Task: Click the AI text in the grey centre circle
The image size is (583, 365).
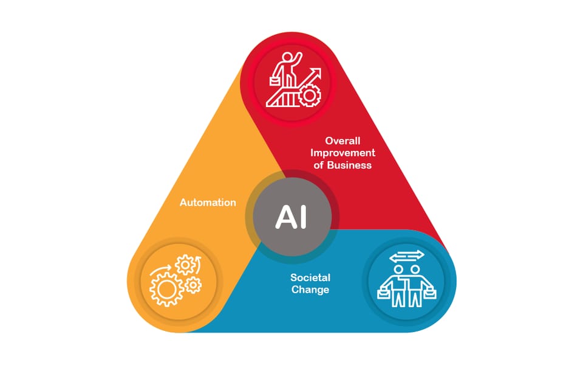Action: coord(291,217)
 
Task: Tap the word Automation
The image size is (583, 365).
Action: coord(208,202)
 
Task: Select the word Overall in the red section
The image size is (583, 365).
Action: coord(343,141)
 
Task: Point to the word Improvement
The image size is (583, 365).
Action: coord(343,153)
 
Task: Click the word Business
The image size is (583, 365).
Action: coord(349,165)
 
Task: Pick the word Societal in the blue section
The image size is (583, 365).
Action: coord(310,277)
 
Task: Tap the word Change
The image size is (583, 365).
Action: coord(310,290)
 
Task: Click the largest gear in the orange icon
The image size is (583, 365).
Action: coord(166,288)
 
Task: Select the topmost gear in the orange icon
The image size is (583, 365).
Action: coord(185,265)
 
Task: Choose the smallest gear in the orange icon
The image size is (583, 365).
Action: coord(193,285)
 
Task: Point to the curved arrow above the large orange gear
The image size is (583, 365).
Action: coord(160,269)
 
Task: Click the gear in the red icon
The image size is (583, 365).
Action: coord(309,95)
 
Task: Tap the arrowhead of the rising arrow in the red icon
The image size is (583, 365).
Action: coord(316,72)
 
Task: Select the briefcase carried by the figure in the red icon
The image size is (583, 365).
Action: coord(274,81)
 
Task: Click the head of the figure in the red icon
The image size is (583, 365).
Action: coord(287,57)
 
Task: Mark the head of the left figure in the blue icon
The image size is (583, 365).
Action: coord(398,269)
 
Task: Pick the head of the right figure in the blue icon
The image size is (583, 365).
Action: coord(415,269)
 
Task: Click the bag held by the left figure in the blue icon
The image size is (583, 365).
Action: coord(383,294)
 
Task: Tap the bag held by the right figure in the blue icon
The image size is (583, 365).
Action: coord(430,294)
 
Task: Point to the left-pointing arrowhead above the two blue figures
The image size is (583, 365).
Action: coord(393,258)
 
